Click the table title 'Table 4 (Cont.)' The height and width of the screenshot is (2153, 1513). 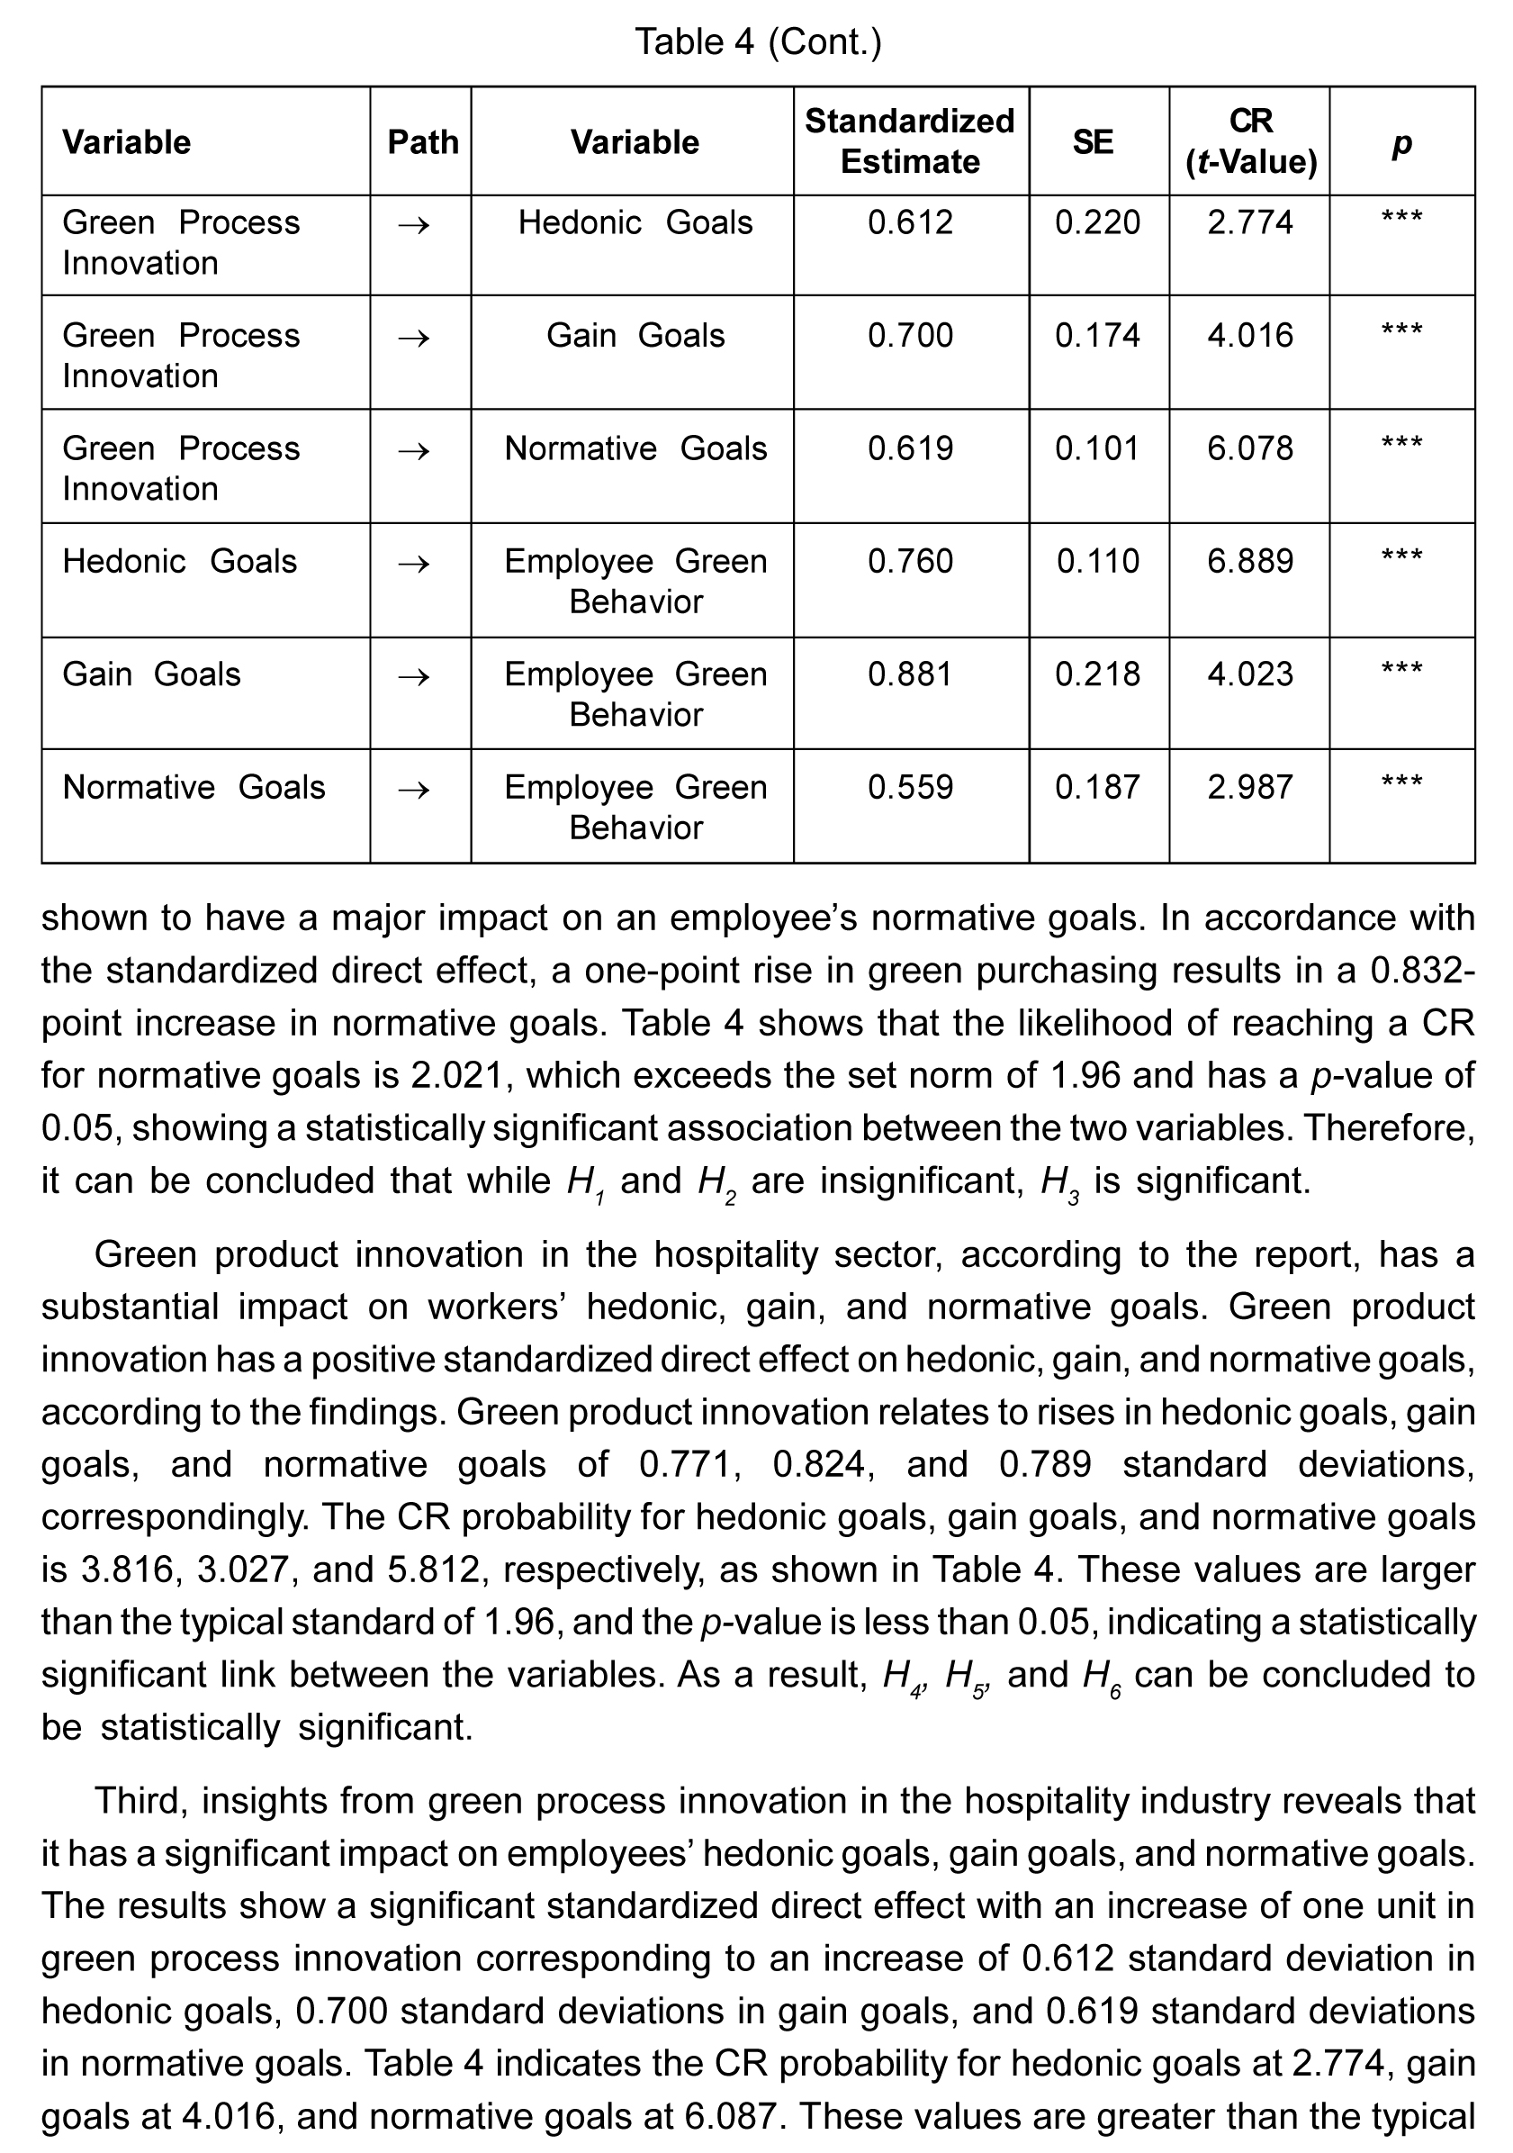758,42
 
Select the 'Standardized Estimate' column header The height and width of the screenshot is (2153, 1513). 909,141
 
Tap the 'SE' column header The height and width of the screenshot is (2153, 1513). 1092,142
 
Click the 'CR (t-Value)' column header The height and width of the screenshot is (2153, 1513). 1249,141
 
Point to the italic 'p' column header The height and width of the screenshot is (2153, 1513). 1401,142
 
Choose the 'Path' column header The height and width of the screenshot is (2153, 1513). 423,142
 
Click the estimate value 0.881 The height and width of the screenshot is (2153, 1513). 909,674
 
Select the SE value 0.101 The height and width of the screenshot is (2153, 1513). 1097,448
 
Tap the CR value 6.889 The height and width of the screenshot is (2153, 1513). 1249,561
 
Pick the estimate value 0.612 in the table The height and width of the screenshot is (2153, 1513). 909,222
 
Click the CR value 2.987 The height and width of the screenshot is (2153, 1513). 1249,787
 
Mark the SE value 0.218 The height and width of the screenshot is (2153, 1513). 1097,674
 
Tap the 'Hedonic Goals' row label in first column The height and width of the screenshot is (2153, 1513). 179,561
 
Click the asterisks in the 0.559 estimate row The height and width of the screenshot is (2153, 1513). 1401,783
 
